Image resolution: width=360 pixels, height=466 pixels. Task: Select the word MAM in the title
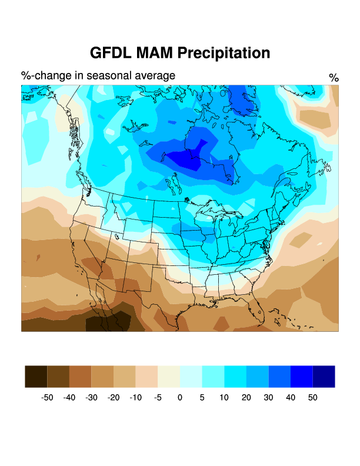155,53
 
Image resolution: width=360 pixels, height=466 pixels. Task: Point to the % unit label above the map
334,78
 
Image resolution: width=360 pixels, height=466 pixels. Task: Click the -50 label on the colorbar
47,398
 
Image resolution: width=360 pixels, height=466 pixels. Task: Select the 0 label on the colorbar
180,398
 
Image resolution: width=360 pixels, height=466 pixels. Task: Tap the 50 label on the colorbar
312,398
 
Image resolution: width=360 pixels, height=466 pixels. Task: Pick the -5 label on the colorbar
158,398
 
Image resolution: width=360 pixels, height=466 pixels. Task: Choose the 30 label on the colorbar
268,398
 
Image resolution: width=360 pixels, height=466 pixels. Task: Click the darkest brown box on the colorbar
36,377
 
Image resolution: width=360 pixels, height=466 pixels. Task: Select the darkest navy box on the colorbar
324,377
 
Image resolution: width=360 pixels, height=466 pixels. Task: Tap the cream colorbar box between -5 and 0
169,377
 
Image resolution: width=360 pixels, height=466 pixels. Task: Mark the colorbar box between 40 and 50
301,377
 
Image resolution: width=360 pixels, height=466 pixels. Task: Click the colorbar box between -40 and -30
80,377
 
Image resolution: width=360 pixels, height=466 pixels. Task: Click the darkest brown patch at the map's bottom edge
106,323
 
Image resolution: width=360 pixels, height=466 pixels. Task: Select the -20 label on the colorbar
114,398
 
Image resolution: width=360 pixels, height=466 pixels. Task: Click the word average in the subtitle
154,75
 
